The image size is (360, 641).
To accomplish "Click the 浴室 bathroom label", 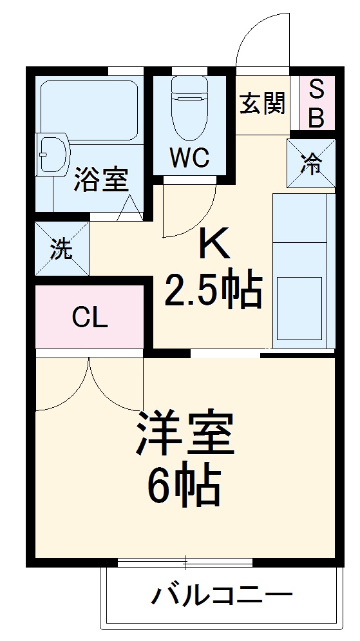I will [100, 179].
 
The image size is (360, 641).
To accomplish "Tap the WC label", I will [189, 158].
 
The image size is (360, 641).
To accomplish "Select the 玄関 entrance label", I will [263, 104].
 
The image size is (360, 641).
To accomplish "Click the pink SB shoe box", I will [317, 104].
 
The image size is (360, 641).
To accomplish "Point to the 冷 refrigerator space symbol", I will [312, 164].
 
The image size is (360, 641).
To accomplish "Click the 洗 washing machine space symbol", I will [62, 249].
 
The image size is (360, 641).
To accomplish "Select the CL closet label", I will [90, 317].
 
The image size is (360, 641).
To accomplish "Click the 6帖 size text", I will [184, 486].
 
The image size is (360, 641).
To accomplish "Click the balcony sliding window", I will [185, 562].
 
